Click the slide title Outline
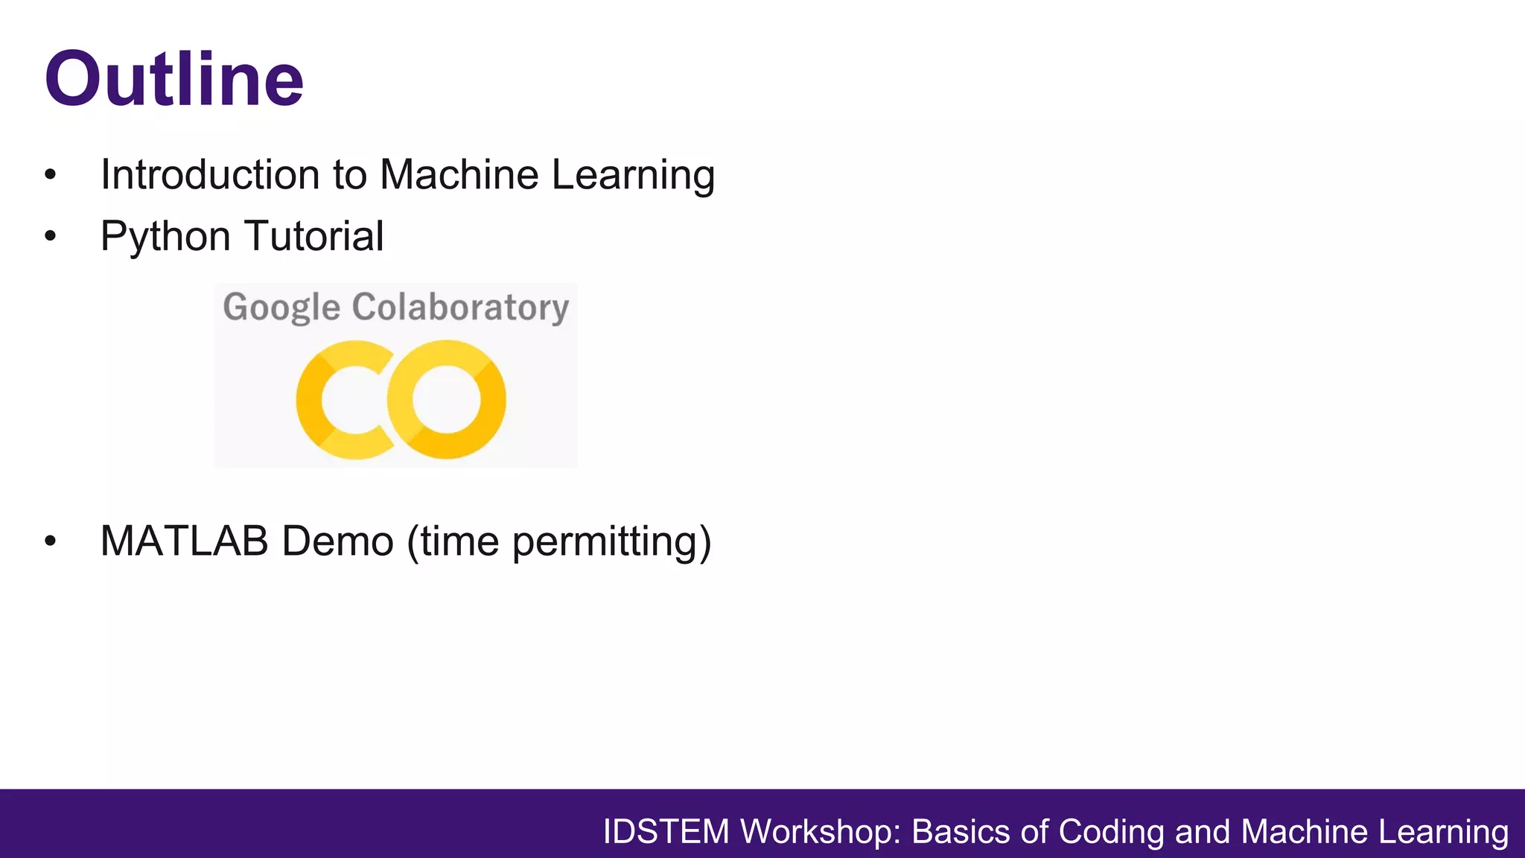pos(173,79)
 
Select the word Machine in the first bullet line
pos(459,175)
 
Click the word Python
pos(165,238)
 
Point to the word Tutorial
pos(313,236)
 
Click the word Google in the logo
pos(281,308)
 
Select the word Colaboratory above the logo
pos(460,307)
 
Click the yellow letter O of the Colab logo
pos(447,400)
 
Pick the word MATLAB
pos(184,541)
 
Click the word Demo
pos(337,541)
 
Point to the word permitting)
pos(611,542)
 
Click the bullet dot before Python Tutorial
pos(50,237)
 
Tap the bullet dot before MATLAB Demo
pos(50,541)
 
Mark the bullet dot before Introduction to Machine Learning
pos(50,176)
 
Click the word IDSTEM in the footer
pos(666,832)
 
